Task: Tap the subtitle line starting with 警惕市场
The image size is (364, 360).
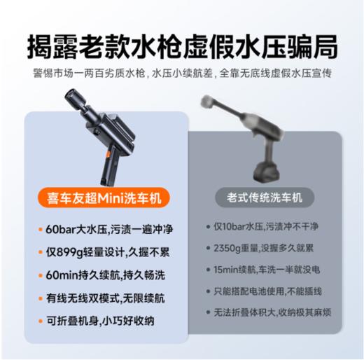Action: [x=182, y=72]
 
